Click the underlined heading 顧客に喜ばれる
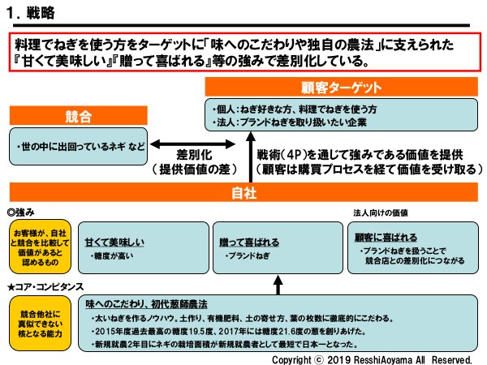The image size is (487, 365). click(x=386, y=238)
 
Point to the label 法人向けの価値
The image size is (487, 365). click(x=381, y=212)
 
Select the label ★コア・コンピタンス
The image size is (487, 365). click(x=44, y=286)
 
